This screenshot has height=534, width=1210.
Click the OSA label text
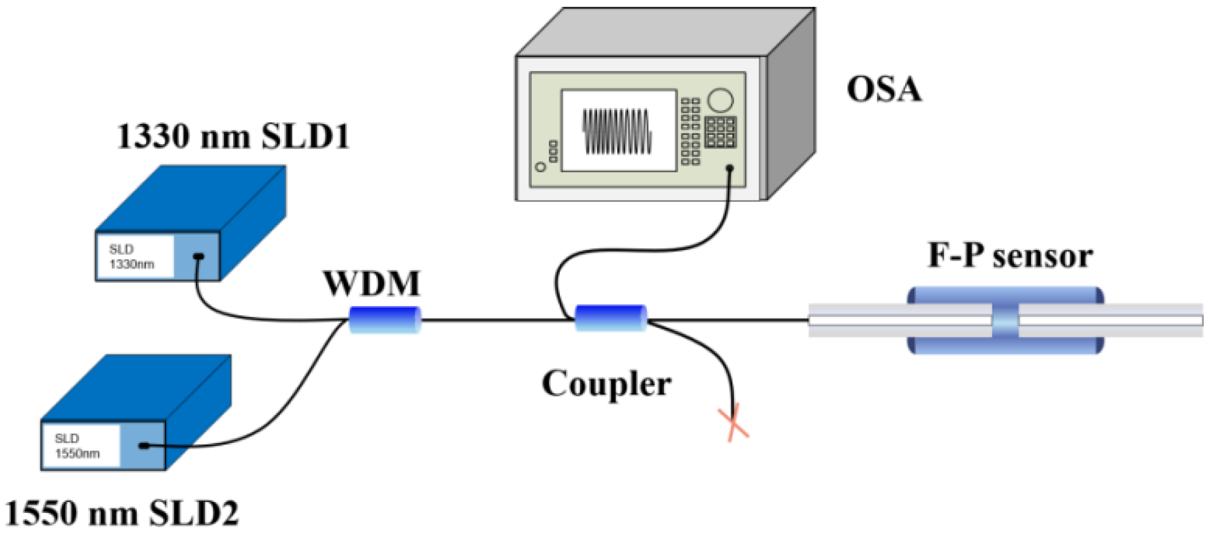[x=883, y=89]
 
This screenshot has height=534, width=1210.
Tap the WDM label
[x=372, y=283]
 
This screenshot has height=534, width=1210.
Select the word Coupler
[x=606, y=384]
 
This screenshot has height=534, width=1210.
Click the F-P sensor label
[x=1010, y=255]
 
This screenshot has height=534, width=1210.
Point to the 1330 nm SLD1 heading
[x=233, y=137]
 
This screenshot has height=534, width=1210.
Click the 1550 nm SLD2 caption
[x=121, y=513]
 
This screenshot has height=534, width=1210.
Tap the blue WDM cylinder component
[x=385, y=320]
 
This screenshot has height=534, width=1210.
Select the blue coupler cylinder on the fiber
[x=610, y=318]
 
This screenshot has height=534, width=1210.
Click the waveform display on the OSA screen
[x=617, y=131]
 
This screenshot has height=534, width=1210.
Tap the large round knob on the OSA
[x=720, y=100]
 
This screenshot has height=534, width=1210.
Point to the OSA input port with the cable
[x=730, y=168]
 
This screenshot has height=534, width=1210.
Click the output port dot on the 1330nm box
[x=198, y=256]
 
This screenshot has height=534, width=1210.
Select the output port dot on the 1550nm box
[x=144, y=446]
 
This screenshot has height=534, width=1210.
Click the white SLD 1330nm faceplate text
[x=132, y=257]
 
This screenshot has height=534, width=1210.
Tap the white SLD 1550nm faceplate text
[x=77, y=446]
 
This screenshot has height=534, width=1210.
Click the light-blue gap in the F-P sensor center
[x=1005, y=320]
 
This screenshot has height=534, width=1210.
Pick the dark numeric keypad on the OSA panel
[x=720, y=132]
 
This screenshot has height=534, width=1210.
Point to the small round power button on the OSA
[x=541, y=167]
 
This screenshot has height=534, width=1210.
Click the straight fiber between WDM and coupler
[x=496, y=320]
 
